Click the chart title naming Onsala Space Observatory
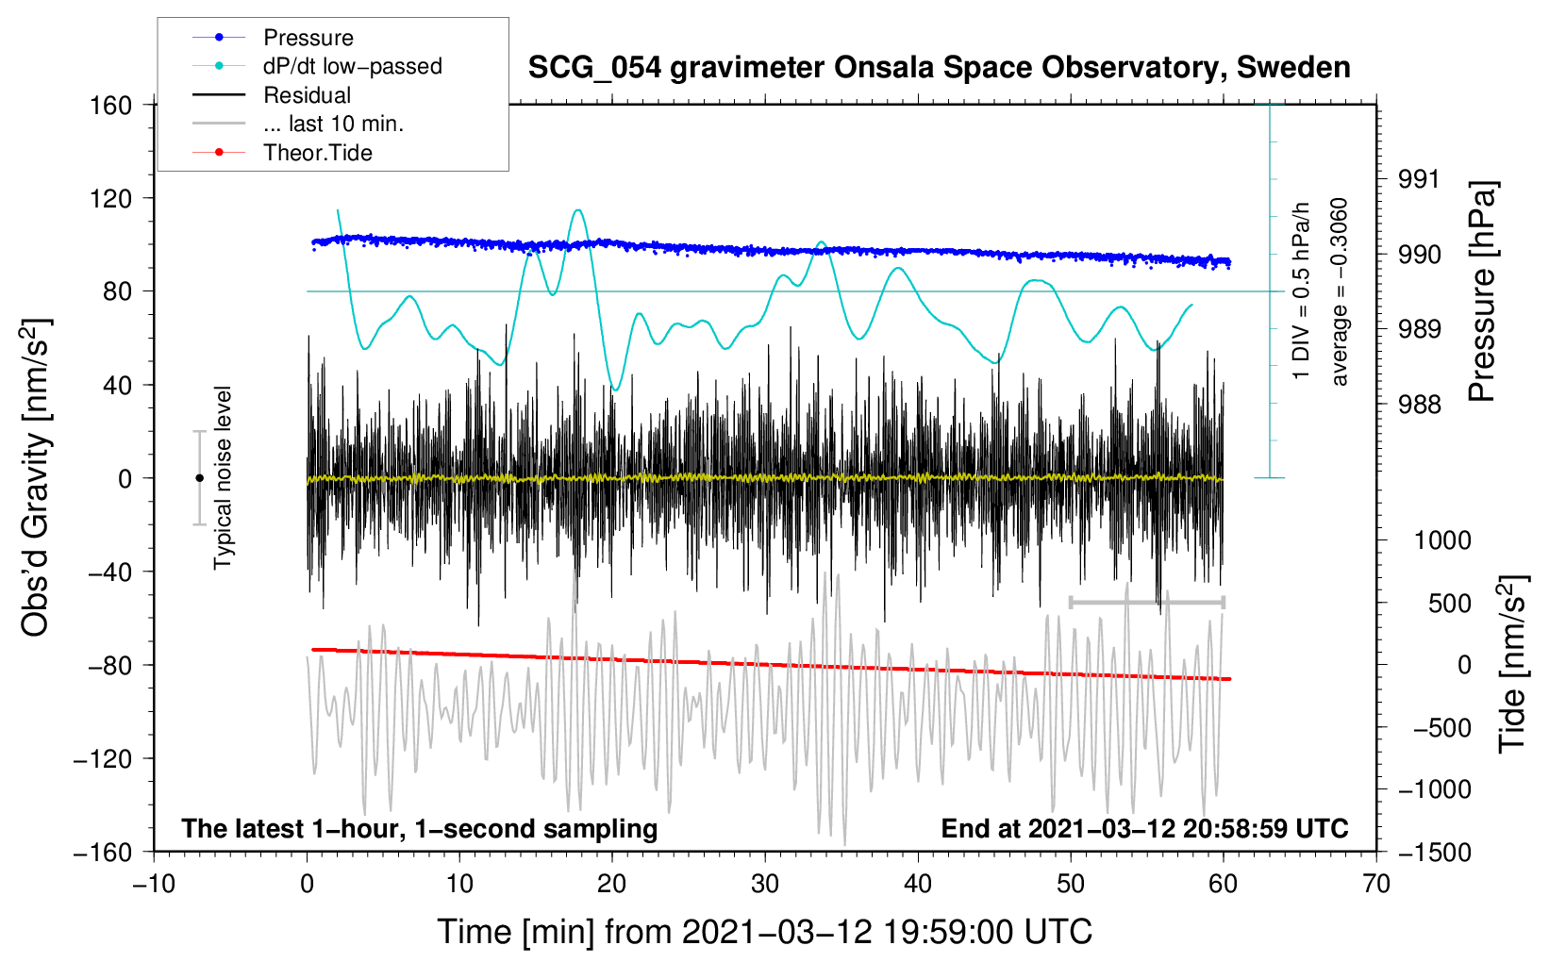tap(939, 68)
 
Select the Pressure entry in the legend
tap(308, 38)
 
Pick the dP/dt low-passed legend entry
tap(352, 66)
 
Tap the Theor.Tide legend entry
tap(317, 153)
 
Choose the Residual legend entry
tap(307, 95)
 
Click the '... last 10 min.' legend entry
tap(333, 124)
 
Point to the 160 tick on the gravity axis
tap(111, 105)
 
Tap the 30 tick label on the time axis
tap(765, 884)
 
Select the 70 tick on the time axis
tap(1376, 884)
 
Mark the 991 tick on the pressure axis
tap(1419, 179)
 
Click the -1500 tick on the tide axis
tap(1434, 852)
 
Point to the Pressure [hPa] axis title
tap(1483, 291)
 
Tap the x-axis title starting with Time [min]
tap(764, 932)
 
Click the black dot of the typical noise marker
tap(199, 478)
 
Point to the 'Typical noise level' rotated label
tap(223, 477)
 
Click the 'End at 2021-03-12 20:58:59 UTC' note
tap(1144, 828)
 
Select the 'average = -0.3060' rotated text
tap(1340, 291)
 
